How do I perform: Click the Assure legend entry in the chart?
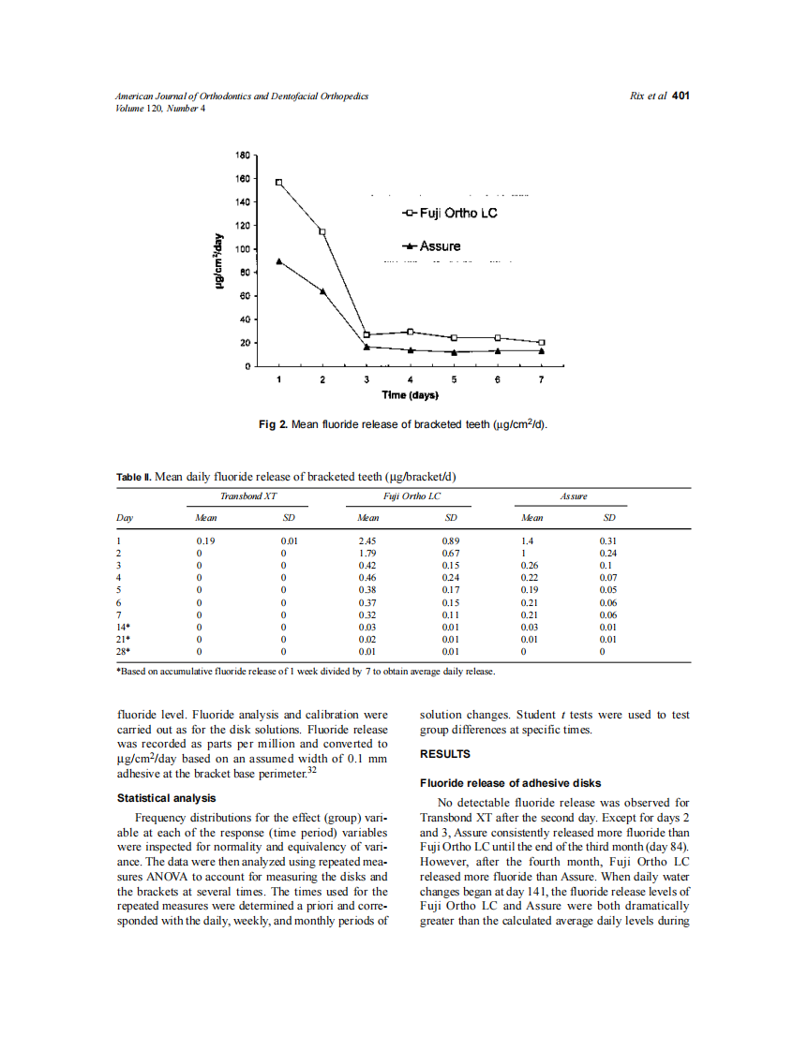pyautogui.click(x=432, y=246)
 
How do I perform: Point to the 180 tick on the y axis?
pyautogui.click(x=241, y=155)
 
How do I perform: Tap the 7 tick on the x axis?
pyautogui.click(x=541, y=380)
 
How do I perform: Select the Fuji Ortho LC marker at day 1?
pyautogui.click(x=278, y=182)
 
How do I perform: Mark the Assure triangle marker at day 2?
pyautogui.click(x=322, y=291)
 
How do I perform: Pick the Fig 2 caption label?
pyautogui.click(x=273, y=425)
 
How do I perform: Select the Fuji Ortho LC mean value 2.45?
pyautogui.click(x=367, y=541)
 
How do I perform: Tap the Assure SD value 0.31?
pyautogui.click(x=608, y=541)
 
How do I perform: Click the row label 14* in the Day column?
pyautogui.click(x=123, y=627)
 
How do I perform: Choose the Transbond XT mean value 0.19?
pyautogui.click(x=204, y=541)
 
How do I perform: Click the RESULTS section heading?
pyautogui.click(x=445, y=753)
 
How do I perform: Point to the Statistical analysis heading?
pyautogui.click(x=166, y=798)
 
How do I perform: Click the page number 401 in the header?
pyautogui.click(x=681, y=96)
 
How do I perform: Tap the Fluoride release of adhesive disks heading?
pyautogui.click(x=510, y=783)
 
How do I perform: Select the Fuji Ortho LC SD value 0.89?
pyautogui.click(x=450, y=541)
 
